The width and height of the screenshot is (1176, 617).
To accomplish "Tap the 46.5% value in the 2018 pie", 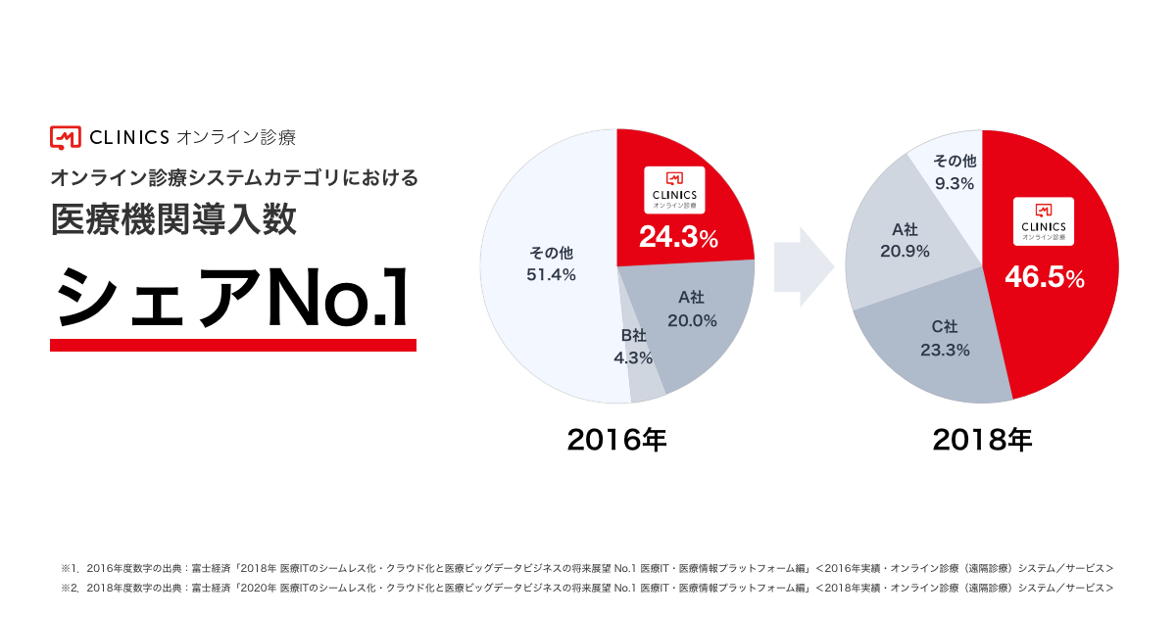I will click(1044, 278).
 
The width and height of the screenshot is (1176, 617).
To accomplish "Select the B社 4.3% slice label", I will click(633, 347).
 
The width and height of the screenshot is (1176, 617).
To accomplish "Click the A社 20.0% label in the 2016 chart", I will click(692, 308).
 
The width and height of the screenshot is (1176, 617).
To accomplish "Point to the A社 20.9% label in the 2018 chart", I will click(905, 241).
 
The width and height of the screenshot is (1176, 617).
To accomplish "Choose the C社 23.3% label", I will click(945, 338).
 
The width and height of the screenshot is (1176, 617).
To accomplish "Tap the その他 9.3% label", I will click(954, 171).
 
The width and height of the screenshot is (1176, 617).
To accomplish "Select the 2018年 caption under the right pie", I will click(982, 440).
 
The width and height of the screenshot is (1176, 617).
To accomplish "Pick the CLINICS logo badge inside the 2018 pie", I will click(1044, 221).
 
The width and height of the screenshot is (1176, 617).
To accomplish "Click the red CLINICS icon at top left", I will click(65, 137).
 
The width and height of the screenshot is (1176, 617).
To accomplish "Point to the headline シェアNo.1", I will click(232, 295).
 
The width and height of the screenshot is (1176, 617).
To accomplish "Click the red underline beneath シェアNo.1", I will click(232, 345).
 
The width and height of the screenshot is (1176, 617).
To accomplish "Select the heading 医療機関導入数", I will click(173, 220).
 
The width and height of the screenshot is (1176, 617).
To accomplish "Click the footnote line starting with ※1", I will click(587, 567).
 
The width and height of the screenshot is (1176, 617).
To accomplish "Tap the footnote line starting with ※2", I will click(587, 588).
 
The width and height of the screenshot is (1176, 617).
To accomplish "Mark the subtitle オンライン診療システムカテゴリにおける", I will click(234, 177).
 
